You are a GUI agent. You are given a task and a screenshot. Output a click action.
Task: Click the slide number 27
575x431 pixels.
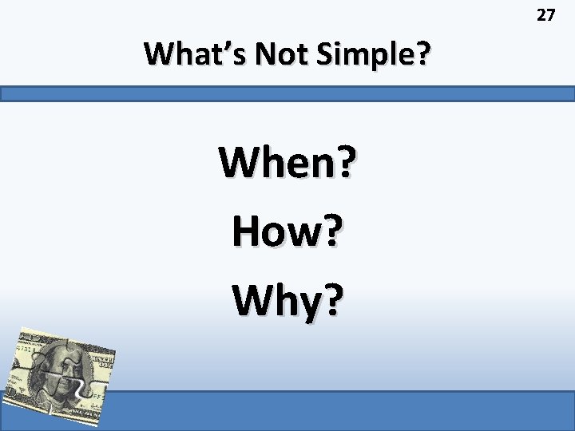[545, 14]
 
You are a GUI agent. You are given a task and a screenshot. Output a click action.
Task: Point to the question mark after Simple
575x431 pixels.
[422, 54]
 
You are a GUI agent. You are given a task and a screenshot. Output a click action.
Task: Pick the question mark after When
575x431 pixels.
[344, 163]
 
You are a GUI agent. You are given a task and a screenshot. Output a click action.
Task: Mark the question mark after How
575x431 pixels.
[331, 231]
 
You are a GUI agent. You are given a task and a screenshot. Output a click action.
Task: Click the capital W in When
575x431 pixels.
[240, 163]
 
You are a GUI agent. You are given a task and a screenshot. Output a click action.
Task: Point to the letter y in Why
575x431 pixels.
[305, 303]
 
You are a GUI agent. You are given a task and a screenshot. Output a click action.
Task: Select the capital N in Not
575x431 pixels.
[257, 54]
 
